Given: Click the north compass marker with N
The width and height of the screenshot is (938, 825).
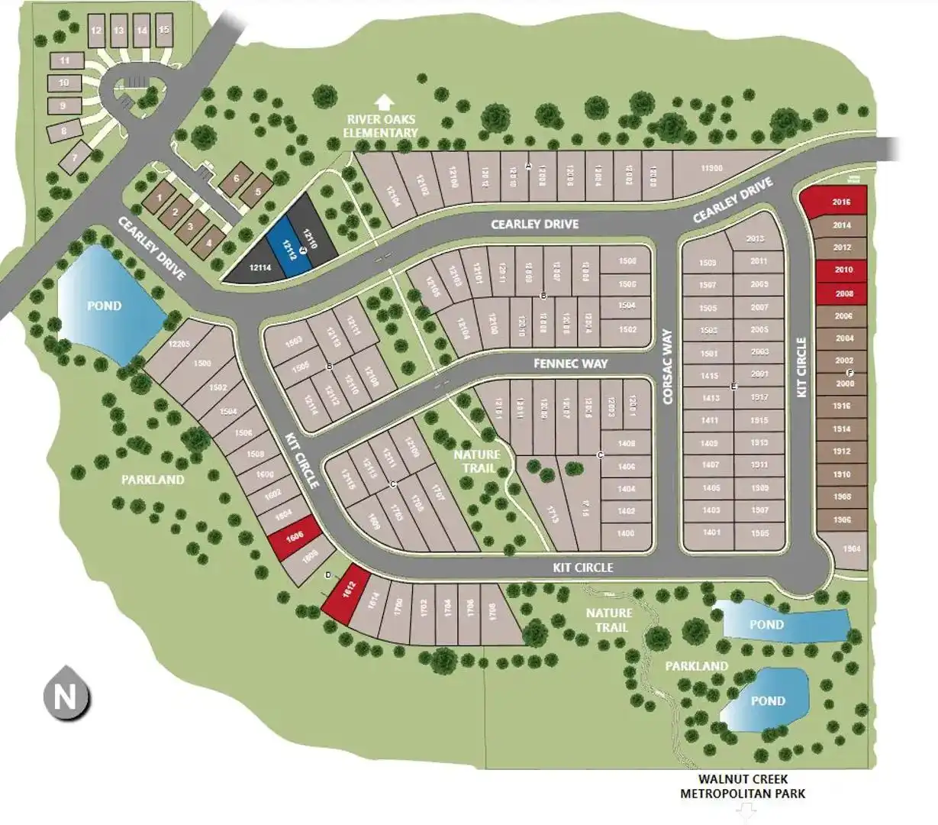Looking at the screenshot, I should pos(66,697).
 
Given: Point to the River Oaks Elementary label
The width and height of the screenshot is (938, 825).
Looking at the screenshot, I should pos(381,126).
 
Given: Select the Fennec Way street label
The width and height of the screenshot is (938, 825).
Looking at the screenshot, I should pos(572,364).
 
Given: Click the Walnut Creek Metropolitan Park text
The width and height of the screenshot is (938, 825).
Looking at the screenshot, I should pos(743,787).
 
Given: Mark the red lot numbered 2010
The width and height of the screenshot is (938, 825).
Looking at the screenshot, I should pos(842,270).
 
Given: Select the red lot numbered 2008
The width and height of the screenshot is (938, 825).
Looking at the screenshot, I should pos(843,293).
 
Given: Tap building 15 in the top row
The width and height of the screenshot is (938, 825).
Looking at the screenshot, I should pos(164,31).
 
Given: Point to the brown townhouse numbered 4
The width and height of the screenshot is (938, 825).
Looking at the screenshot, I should pos(208,243).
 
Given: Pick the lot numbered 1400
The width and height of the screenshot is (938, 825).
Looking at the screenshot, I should pos(626,533).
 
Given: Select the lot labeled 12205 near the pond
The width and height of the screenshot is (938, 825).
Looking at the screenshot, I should pos(179,345).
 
